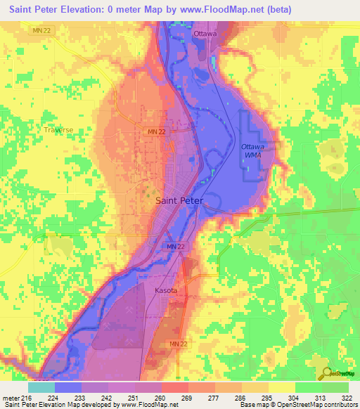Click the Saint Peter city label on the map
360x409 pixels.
click(179, 200)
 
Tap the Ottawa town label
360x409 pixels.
click(205, 33)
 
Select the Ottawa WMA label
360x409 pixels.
click(252, 150)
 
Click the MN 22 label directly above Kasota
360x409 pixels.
click(176, 246)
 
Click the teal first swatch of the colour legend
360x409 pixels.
click(41, 387)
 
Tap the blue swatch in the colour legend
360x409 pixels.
click(68, 387)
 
